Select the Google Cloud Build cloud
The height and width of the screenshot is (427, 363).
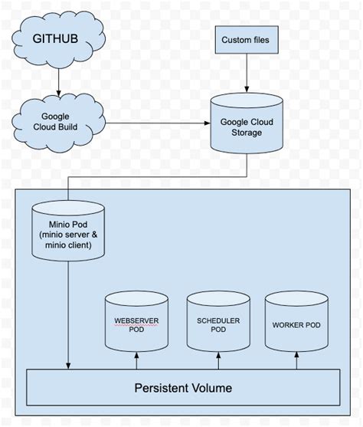click(57, 120)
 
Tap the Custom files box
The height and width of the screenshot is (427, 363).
click(246, 39)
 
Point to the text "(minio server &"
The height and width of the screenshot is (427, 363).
click(69, 233)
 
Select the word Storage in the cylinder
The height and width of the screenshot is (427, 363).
click(246, 133)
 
